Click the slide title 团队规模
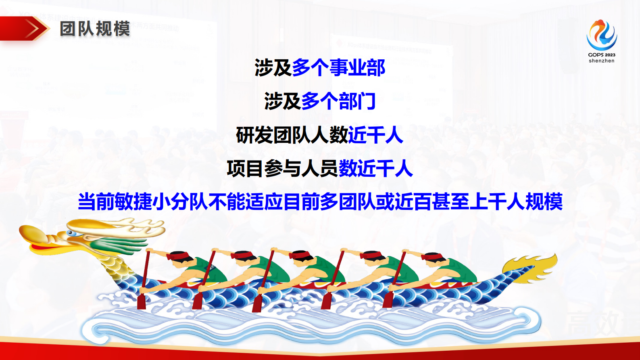point(95,29)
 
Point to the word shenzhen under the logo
point(601,61)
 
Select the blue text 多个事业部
point(338,67)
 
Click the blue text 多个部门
point(338,101)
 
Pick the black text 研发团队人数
point(292,135)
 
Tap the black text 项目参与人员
point(282,168)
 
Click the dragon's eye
point(71,233)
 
